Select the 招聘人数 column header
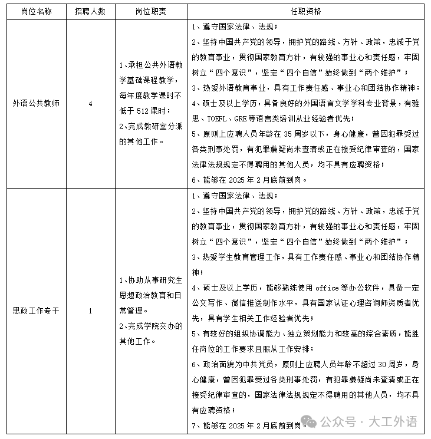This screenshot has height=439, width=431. tap(90, 11)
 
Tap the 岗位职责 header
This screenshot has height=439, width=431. tap(151, 11)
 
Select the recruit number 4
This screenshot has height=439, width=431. tap(90, 103)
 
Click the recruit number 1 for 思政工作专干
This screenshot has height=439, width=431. tap(90, 311)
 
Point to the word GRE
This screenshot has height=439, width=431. tap(255, 119)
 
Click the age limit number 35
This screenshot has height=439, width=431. tap(279, 134)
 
